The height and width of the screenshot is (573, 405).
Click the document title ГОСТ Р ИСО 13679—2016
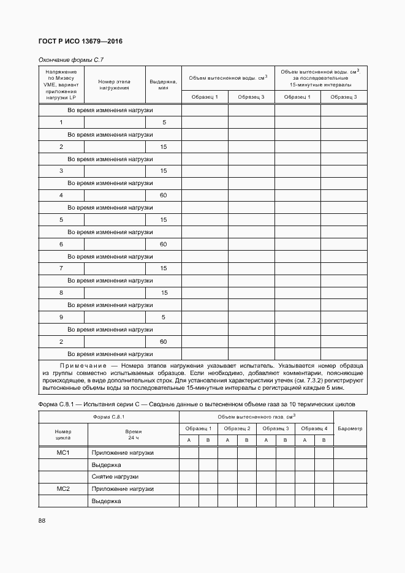[80, 42]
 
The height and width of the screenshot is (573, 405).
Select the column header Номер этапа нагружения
[115, 85]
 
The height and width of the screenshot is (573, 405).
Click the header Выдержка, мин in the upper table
[163, 85]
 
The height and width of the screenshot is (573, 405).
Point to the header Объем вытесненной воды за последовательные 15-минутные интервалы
[320, 78]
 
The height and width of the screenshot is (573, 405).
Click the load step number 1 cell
[61, 123]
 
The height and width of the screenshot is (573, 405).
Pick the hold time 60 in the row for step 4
[164, 195]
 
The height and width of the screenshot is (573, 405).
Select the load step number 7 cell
[61, 268]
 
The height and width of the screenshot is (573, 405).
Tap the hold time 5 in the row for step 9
[164, 317]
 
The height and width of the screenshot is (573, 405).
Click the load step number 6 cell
[61, 245]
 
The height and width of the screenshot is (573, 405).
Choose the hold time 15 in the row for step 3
[164, 171]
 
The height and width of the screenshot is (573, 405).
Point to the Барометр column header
[350, 429]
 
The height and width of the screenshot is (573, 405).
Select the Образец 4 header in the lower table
[314, 428]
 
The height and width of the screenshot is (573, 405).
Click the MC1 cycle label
[64, 453]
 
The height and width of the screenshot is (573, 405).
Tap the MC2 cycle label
[64, 489]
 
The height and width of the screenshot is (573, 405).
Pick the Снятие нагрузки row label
[115, 477]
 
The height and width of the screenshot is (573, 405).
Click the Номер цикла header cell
[64, 435]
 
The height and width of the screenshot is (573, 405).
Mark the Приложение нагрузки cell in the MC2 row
[123, 489]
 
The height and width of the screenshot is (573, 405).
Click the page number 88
[42, 520]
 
